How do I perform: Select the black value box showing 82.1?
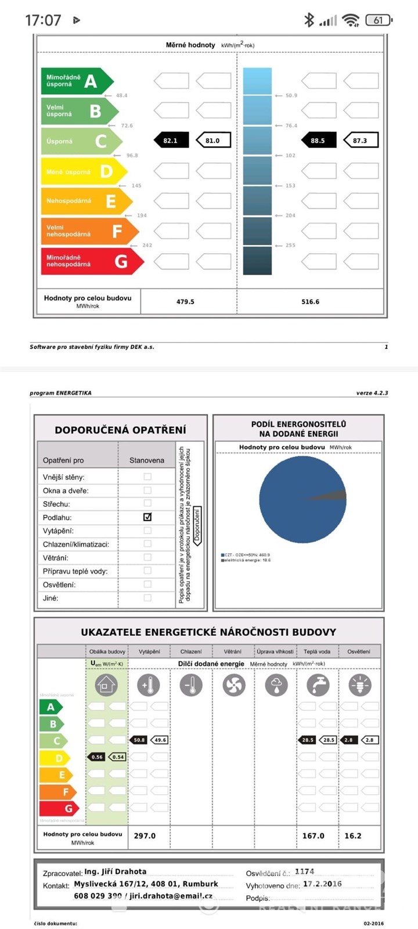[x=171, y=141]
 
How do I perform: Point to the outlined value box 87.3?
[x=360, y=141]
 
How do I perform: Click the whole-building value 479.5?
[x=185, y=302]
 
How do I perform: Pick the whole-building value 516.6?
[x=310, y=302]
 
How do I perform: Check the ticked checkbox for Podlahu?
[x=147, y=517]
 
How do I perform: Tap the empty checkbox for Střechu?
[x=147, y=503]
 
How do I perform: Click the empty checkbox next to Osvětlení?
[x=147, y=584]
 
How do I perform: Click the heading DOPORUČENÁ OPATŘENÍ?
[x=120, y=430]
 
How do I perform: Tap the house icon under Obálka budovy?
[x=106, y=685]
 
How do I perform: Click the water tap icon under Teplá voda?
[x=318, y=685]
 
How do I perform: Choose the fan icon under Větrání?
[x=233, y=685]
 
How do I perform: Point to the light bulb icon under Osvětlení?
[x=360, y=685]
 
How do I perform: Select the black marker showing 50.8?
[x=139, y=740]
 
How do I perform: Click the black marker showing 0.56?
[x=97, y=757]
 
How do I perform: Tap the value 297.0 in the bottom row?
[x=145, y=836]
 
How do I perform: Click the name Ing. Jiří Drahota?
[x=116, y=872]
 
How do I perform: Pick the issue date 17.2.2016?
[x=322, y=884]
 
